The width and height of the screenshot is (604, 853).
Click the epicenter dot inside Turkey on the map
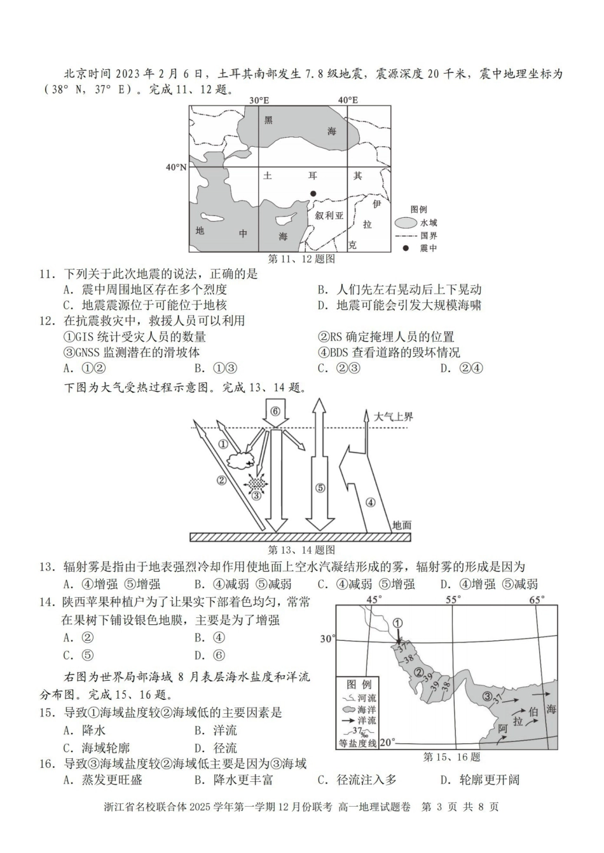pos(312,193)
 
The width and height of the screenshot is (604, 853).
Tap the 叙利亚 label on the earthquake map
pos(329,215)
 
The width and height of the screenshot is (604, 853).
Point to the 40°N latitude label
pos(176,167)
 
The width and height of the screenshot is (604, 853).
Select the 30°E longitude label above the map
pos(259,100)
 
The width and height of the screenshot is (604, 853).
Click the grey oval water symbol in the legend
pos(406,223)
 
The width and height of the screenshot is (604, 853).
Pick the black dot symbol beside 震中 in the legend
pos(405,248)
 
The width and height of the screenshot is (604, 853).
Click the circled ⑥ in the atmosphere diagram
pos(275,411)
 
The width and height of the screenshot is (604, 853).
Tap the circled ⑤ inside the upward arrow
pos(320,488)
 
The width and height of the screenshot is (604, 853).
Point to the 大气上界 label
pos(394,417)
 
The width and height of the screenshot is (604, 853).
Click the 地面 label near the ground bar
pos(401,525)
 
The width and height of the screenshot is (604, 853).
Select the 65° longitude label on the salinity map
pos(537,600)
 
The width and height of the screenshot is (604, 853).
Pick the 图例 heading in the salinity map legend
pos(359,685)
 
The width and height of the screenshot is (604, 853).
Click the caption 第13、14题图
pos(301,549)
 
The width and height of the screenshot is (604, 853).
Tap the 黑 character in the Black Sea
pos(268,119)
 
